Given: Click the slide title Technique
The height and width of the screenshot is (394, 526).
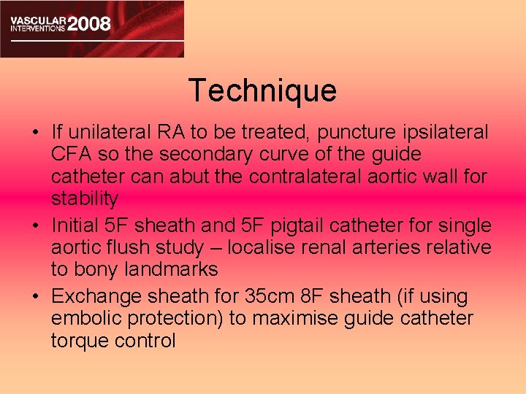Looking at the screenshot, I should (262, 90).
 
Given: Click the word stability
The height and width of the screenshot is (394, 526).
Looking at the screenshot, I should (85, 198).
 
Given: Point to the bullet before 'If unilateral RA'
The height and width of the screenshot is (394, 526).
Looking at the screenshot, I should (35, 134).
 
